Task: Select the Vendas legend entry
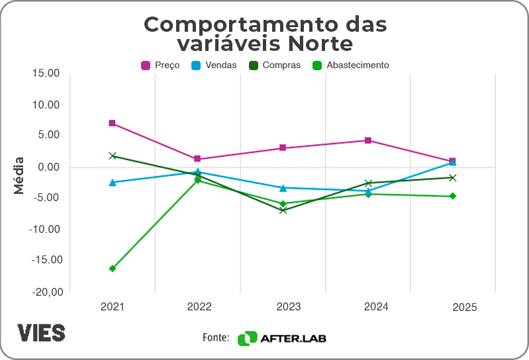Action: (x=213, y=65)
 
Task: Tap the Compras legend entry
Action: (x=274, y=65)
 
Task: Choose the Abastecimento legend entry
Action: (x=350, y=65)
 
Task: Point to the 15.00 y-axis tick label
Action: (x=46, y=73)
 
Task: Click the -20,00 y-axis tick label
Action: (x=44, y=292)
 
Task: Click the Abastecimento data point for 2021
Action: (x=113, y=269)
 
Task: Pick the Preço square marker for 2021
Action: (x=113, y=123)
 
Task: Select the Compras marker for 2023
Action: (x=283, y=210)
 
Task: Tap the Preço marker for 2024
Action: (x=368, y=140)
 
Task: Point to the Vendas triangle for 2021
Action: (x=113, y=182)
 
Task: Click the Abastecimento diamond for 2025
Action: (x=453, y=196)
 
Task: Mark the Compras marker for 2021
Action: (x=113, y=156)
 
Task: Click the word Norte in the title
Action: (x=317, y=44)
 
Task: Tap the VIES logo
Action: (x=41, y=333)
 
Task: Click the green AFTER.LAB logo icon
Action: (x=247, y=338)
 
